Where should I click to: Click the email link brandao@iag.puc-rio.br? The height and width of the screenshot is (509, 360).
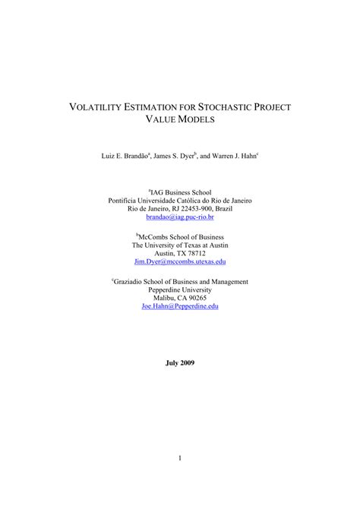tap(180, 217)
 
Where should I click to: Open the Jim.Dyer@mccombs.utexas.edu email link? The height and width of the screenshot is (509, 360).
tap(180, 261)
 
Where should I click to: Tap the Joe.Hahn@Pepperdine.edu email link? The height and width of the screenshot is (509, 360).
tap(180, 305)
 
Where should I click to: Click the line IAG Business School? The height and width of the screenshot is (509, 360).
tap(181, 192)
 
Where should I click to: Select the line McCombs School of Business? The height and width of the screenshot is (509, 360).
tap(181, 236)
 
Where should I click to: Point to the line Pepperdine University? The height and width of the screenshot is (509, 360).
tap(180, 289)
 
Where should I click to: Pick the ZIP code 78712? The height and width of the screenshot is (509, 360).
tap(196, 253)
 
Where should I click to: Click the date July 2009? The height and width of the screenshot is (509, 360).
tap(180, 363)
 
